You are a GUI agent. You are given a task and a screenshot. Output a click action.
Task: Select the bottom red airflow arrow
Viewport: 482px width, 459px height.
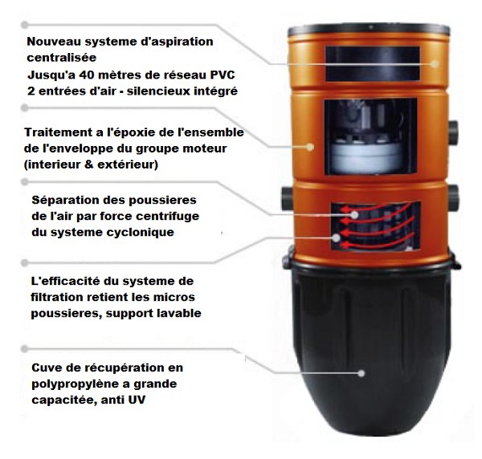click(x=378, y=242)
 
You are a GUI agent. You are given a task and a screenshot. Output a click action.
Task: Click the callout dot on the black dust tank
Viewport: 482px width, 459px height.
click(x=361, y=373)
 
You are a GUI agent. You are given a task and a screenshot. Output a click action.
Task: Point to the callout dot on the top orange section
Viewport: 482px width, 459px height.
click(x=435, y=64)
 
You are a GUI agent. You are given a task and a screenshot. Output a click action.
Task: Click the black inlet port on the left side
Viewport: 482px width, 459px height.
click(x=288, y=198)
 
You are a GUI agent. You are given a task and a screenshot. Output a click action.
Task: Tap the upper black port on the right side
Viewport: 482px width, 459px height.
click(x=453, y=132)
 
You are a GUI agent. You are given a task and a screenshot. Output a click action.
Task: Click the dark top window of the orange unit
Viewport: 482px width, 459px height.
click(x=373, y=64)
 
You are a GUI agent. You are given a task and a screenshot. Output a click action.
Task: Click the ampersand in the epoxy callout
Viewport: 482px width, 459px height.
click(x=88, y=165)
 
